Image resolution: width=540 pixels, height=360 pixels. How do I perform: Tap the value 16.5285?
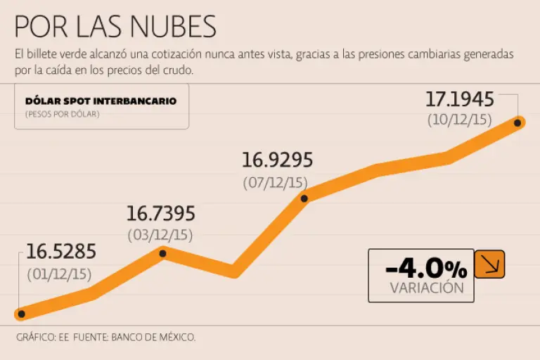[61, 252]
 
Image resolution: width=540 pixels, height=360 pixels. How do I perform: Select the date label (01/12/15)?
[59, 274]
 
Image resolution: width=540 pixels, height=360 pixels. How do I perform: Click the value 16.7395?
[160, 214]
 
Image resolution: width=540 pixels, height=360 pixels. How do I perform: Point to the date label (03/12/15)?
[160, 234]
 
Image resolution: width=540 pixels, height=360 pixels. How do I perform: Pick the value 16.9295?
[277, 160]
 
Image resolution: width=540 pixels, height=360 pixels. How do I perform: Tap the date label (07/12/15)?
[276, 182]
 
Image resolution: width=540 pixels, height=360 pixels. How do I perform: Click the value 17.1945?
[460, 98]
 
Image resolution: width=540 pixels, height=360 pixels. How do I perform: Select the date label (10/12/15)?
[461, 120]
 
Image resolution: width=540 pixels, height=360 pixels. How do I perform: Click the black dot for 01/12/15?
[21, 314]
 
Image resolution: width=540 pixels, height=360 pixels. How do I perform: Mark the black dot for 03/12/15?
[162, 253]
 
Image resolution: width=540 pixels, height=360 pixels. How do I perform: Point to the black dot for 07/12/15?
[304, 198]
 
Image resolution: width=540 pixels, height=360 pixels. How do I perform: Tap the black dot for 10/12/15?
[518, 122]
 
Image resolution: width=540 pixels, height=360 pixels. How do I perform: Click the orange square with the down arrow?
[489, 264]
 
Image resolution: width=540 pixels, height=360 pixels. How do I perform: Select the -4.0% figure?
[426, 268]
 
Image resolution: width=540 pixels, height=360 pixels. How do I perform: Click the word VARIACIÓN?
[426, 288]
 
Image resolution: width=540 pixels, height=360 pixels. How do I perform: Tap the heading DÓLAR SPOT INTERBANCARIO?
[101, 101]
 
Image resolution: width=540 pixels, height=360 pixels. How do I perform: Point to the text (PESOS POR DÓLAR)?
[62, 114]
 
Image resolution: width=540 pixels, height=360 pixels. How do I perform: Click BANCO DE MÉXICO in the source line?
[152, 337]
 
